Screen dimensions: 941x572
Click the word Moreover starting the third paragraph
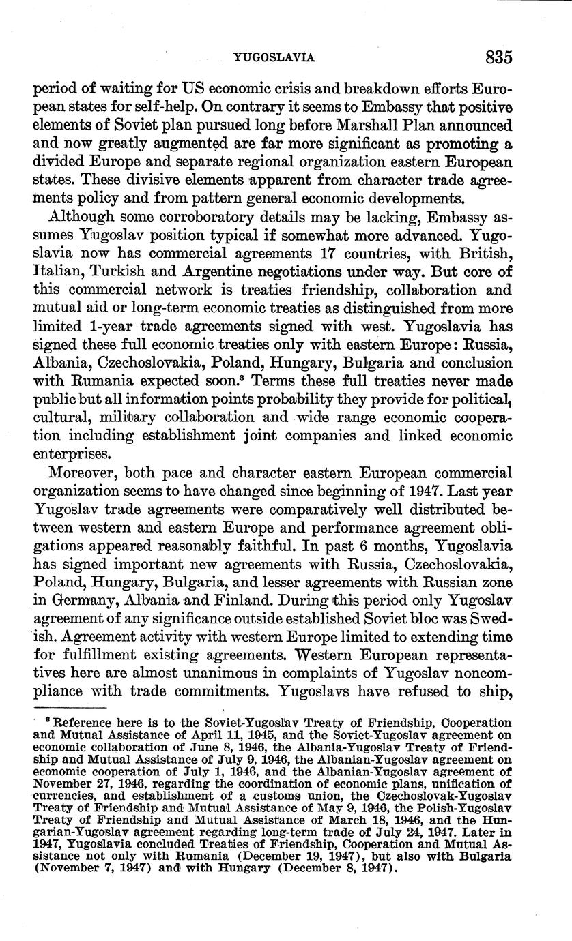pos(84,472)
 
